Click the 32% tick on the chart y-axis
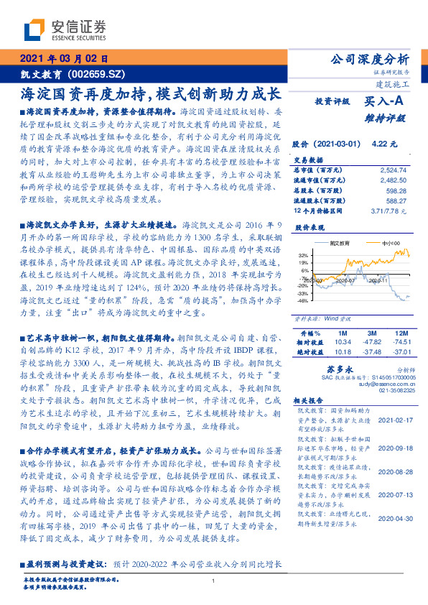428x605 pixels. pos(303,255)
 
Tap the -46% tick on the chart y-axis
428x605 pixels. pos(302,301)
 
